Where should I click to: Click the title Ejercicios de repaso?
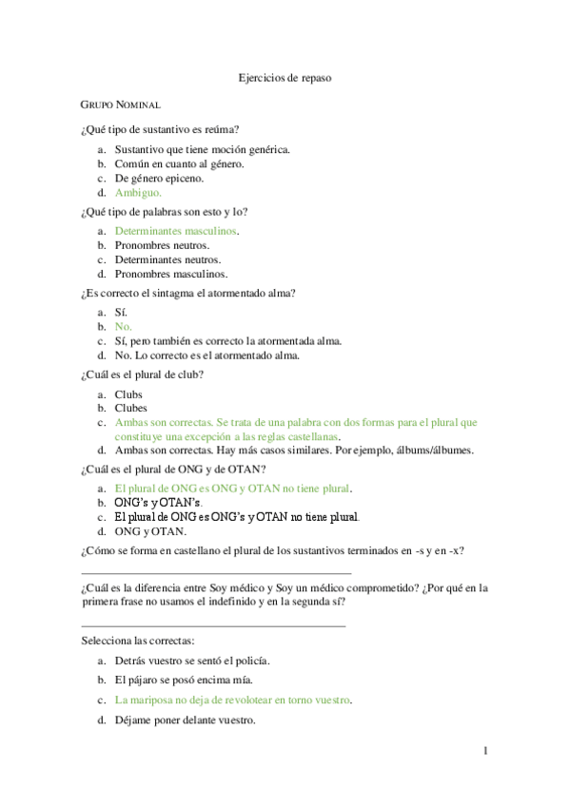(x=285, y=78)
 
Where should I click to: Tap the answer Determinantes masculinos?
(x=175, y=231)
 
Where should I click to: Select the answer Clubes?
(x=131, y=408)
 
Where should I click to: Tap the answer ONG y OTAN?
(x=149, y=531)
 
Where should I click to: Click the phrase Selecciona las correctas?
(x=138, y=642)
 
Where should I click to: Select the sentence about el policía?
(x=191, y=660)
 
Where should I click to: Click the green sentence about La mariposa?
(x=232, y=700)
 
